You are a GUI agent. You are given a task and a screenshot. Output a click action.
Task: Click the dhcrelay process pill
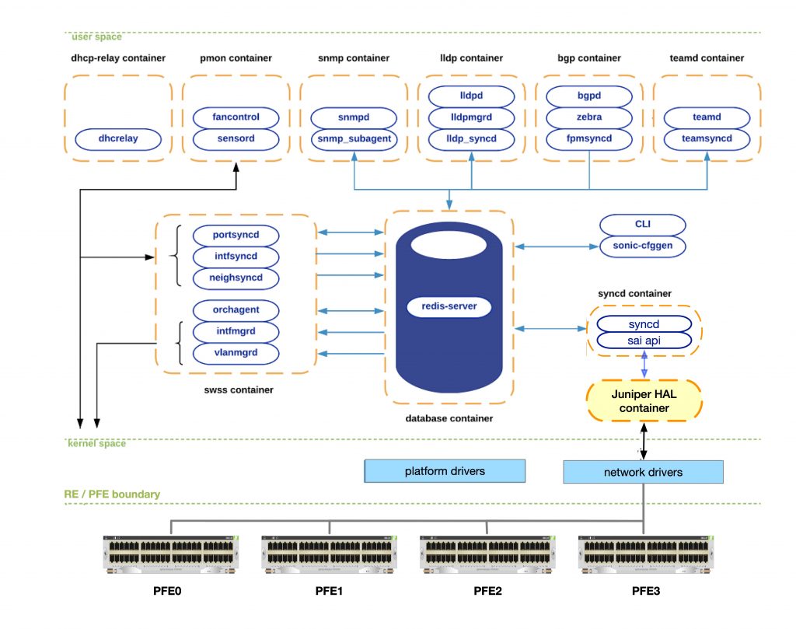pos(118,140)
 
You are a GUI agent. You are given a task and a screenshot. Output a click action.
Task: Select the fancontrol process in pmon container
pos(236,117)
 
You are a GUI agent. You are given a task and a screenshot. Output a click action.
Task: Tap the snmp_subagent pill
pos(354,139)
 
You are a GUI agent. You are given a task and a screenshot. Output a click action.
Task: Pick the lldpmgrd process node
pos(471,117)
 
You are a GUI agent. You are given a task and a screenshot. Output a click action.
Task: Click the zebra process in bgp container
pos(588,117)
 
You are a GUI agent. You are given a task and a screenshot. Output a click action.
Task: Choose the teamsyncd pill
pos(707,139)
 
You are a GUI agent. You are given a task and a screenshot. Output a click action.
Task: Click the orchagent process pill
pos(236,310)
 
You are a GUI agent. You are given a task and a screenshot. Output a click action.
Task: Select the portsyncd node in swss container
pos(236,235)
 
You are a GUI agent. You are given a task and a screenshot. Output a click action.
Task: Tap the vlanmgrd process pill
pos(236,352)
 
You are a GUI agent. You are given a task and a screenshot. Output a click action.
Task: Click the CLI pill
pos(643,225)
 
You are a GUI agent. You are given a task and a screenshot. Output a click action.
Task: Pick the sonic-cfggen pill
pos(643,246)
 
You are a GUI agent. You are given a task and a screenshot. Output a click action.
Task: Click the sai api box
pos(643,341)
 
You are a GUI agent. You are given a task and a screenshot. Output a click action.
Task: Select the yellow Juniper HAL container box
pos(644,400)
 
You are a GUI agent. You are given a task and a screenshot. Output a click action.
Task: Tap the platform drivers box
pos(445,471)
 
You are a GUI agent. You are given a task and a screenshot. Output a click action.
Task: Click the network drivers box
pos(643,472)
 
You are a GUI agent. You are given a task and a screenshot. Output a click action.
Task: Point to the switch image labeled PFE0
pos(172,553)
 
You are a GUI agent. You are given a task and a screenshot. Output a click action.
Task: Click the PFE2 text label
pos(487,592)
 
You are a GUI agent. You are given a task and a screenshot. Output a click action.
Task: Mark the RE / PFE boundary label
pos(112,494)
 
